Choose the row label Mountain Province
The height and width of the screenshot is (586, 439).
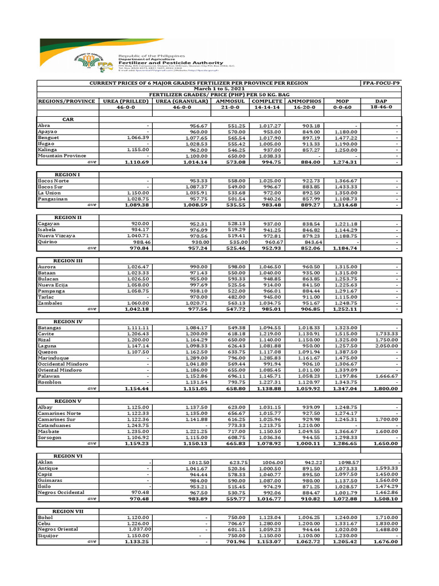point(62,156)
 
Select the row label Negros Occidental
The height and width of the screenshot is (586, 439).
point(61,492)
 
